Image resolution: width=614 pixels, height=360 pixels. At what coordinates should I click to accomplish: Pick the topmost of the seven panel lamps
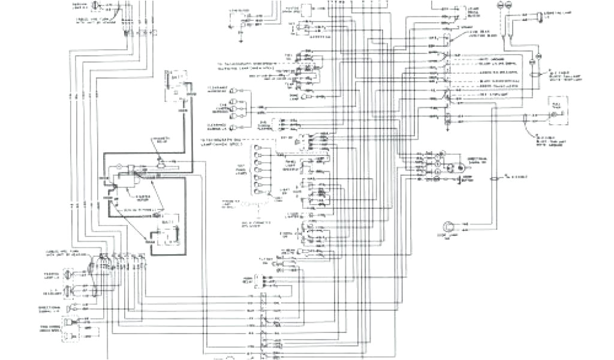tap(258, 148)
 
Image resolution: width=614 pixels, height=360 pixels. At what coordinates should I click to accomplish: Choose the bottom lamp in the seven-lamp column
tap(258, 197)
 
